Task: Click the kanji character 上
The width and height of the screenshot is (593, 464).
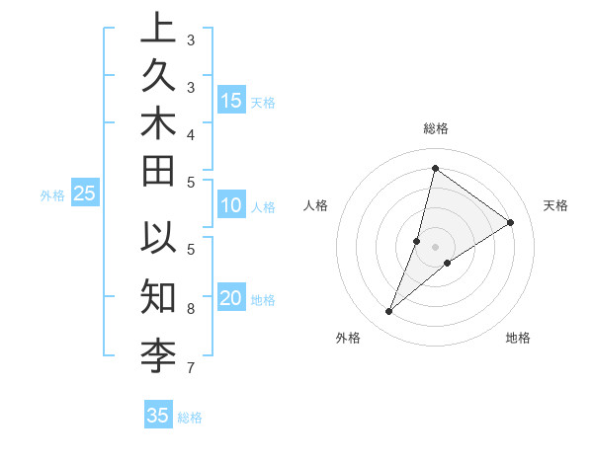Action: [158, 30]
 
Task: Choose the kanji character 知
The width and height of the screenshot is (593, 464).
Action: [158, 293]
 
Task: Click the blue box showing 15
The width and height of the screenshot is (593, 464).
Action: [231, 101]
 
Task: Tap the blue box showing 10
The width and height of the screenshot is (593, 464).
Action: [231, 206]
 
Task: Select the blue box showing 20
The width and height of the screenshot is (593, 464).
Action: [231, 299]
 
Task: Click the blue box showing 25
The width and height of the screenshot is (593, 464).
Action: [84, 194]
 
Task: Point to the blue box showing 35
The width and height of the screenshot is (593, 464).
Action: [158, 416]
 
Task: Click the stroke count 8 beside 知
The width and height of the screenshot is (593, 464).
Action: [191, 309]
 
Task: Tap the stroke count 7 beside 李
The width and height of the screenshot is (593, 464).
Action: [191, 368]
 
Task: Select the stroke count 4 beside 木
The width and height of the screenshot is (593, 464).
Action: [191, 133]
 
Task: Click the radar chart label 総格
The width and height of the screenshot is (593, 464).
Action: [435, 128]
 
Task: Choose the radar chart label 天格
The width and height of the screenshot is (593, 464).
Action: [555, 205]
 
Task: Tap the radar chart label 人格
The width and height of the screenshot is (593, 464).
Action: [316, 205]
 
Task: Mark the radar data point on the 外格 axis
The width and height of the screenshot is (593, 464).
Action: [389, 312]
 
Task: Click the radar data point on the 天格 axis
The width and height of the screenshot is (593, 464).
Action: [511, 223]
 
